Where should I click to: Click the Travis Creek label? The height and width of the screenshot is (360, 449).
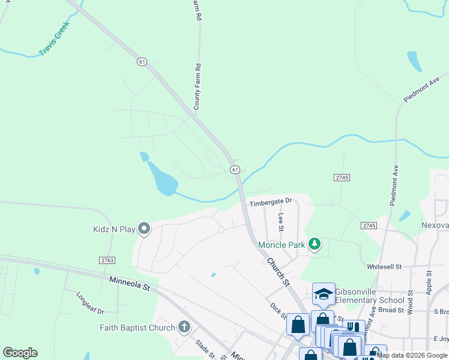[x=55, y=39]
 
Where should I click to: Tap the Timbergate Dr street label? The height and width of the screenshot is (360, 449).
[x=270, y=201]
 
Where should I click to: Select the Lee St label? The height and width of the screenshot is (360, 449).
[x=280, y=221]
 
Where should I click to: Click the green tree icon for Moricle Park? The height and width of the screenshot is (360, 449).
[x=313, y=244]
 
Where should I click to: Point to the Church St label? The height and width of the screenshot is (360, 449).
[x=278, y=271]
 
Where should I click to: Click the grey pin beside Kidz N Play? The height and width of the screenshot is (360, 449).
[x=144, y=228]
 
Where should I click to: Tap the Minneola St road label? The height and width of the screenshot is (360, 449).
[x=129, y=284]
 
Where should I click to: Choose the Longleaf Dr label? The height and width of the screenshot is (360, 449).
[x=90, y=303]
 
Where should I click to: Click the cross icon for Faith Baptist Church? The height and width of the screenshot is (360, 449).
[x=184, y=328]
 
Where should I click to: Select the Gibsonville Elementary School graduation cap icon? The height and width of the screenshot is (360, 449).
[x=324, y=293]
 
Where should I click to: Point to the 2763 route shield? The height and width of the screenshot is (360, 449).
[x=107, y=260]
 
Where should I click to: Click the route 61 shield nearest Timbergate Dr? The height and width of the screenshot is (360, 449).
[x=235, y=170]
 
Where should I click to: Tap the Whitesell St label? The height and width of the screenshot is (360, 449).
[x=384, y=266]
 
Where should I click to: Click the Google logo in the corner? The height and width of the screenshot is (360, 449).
[x=20, y=353]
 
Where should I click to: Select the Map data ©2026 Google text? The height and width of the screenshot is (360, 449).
[x=412, y=355]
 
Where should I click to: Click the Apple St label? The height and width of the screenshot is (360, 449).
[x=429, y=281]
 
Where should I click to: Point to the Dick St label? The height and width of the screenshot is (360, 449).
[x=277, y=311]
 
